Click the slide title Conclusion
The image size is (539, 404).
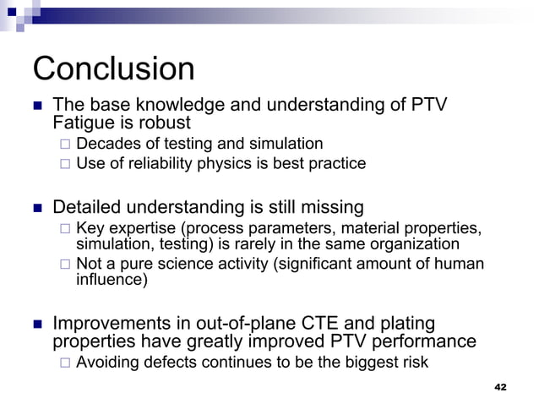(113, 69)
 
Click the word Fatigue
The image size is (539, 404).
(84, 123)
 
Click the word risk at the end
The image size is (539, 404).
(413, 363)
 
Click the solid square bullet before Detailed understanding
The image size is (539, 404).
(36, 208)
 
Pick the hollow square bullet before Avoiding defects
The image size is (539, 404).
(65, 363)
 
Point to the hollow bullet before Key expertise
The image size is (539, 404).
(65, 229)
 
